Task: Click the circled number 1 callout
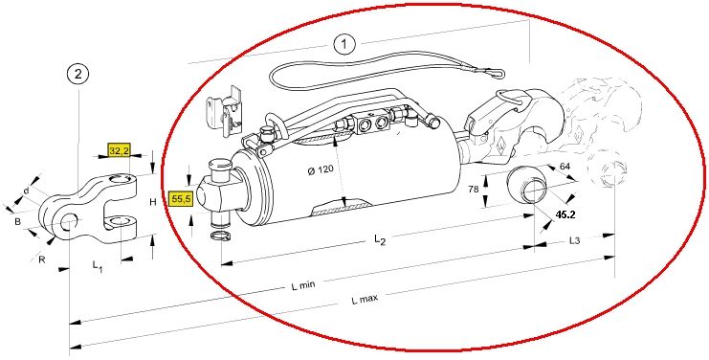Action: tap(344, 44)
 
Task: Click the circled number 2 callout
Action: tap(78, 74)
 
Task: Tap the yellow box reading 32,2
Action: tap(119, 150)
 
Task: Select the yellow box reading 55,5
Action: tap(180, 199)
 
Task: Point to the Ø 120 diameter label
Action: tap(321, 170)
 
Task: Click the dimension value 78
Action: tap(474, 190)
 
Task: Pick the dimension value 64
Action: tap(565, 166)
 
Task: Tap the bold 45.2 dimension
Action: tap(565, 214)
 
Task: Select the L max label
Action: tap(365, 299)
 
